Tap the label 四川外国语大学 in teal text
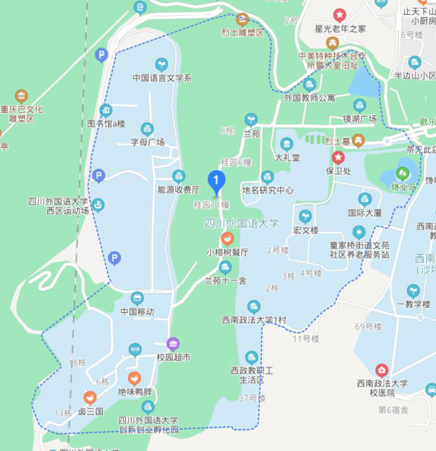tap(241, 223)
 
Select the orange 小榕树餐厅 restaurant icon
tap(227, 239)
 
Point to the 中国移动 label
tap(137, 312)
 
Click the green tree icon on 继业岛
tap(403, 173)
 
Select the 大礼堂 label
tap(287, 157)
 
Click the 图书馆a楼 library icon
tap(106, 111)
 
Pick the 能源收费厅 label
tap(179, 190)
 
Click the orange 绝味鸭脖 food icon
tap(134, 379)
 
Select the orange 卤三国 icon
tap(90, 398)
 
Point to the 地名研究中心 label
tap(267, 190)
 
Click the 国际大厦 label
tap(364, 213)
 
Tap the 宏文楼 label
tap(305, 230)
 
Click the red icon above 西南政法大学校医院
tap(382, 370)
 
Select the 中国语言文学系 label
tap(162, 78)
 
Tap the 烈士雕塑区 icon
tap(243, 20)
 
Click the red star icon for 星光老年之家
tap(339, 15)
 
